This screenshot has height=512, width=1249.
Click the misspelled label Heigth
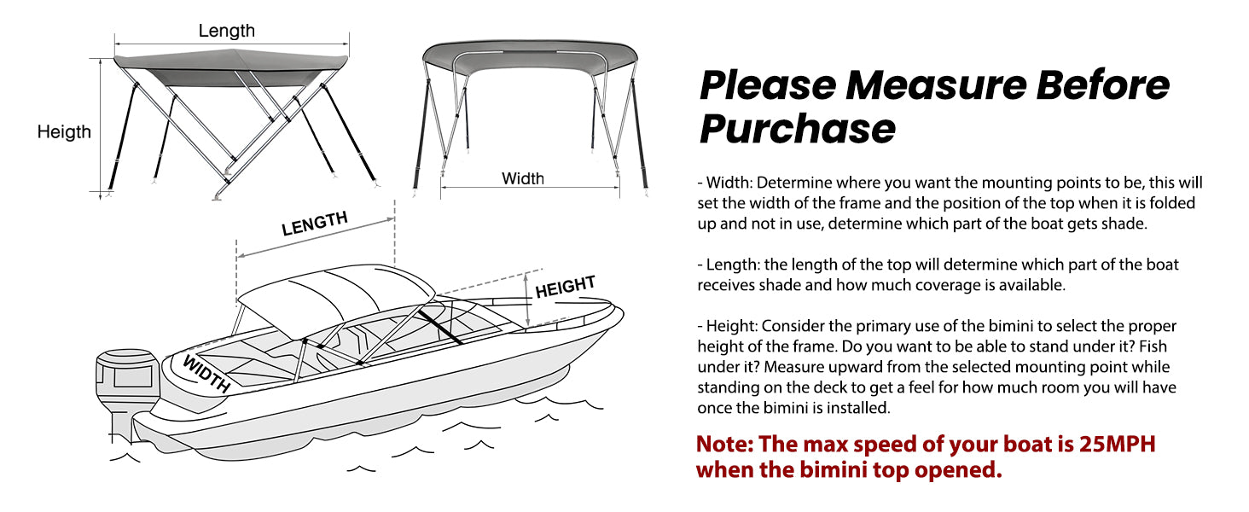pos(64,132)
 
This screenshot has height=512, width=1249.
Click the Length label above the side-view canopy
pos(226,31)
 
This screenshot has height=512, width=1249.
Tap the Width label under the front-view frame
pos(522,178)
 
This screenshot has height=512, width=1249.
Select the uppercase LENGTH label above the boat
pos(315,224)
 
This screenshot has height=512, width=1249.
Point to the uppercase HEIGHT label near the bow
pos(565,287)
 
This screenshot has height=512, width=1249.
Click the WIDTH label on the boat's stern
pos(206,374)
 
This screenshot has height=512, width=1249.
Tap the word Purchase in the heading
pos(798,129)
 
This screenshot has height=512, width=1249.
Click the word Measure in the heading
pos(936,84)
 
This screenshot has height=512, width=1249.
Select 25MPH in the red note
pos(1117,444)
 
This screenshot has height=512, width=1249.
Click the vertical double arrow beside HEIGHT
pos(526,300)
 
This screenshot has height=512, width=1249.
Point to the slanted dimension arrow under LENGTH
pos(316,238)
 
